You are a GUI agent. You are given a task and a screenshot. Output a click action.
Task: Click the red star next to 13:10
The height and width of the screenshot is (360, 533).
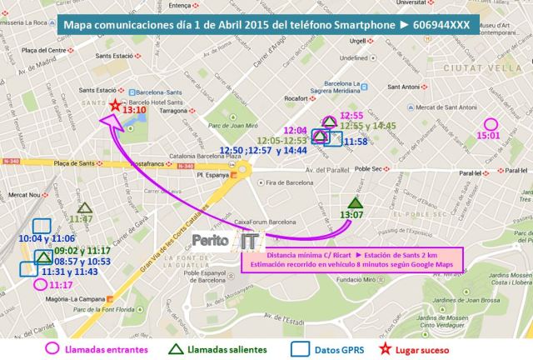(114, 105)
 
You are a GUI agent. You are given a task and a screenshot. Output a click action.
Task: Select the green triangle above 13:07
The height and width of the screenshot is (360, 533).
(356, 202)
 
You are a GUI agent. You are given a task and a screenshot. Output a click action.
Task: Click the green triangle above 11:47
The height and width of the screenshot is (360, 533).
(84, 208)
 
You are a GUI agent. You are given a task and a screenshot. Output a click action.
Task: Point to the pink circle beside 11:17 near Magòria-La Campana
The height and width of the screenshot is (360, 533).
(39, 283)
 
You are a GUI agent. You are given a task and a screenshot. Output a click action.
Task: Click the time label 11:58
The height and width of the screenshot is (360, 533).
(356, 142)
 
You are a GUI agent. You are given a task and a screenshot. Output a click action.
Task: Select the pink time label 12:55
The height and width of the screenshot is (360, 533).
(353, 115)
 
